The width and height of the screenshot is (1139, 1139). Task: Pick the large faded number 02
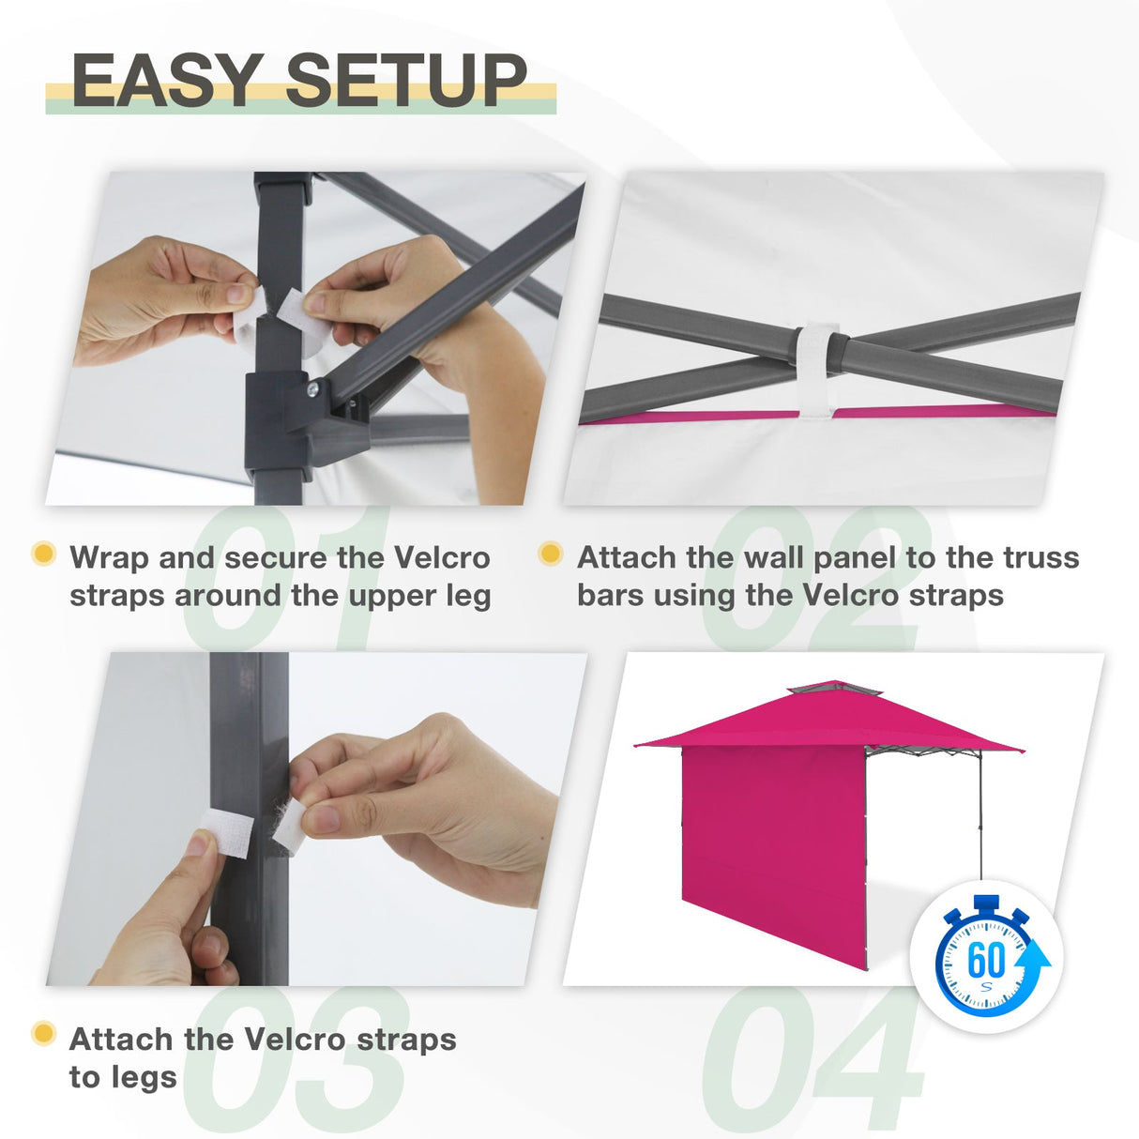click(x=812, y=577)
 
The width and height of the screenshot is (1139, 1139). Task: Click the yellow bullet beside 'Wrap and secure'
click(x=43, y=554)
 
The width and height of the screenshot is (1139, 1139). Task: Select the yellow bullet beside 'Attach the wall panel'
click(x=551, y=554)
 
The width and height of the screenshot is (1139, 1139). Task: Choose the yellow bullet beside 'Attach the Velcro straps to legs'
click(x=43, y=1034)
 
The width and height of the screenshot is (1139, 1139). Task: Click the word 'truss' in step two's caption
click(x=1040, y=558)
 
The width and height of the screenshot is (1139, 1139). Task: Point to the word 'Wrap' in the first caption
click(x=110, y=558)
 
